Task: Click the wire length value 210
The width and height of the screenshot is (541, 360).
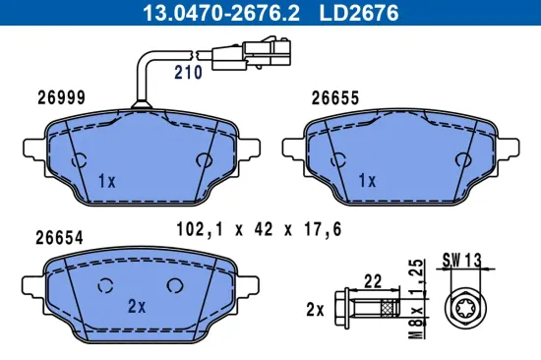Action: click(188, 72)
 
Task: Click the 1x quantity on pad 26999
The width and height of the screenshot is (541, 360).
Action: click(107, 181)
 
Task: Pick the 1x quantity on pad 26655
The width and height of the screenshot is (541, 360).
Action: click(368, 181)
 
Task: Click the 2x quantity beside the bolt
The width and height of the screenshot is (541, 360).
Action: click(315, 309)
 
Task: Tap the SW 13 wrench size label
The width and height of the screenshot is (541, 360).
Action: click(462, 260)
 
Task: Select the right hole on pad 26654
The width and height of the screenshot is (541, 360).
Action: click(174, 286)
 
